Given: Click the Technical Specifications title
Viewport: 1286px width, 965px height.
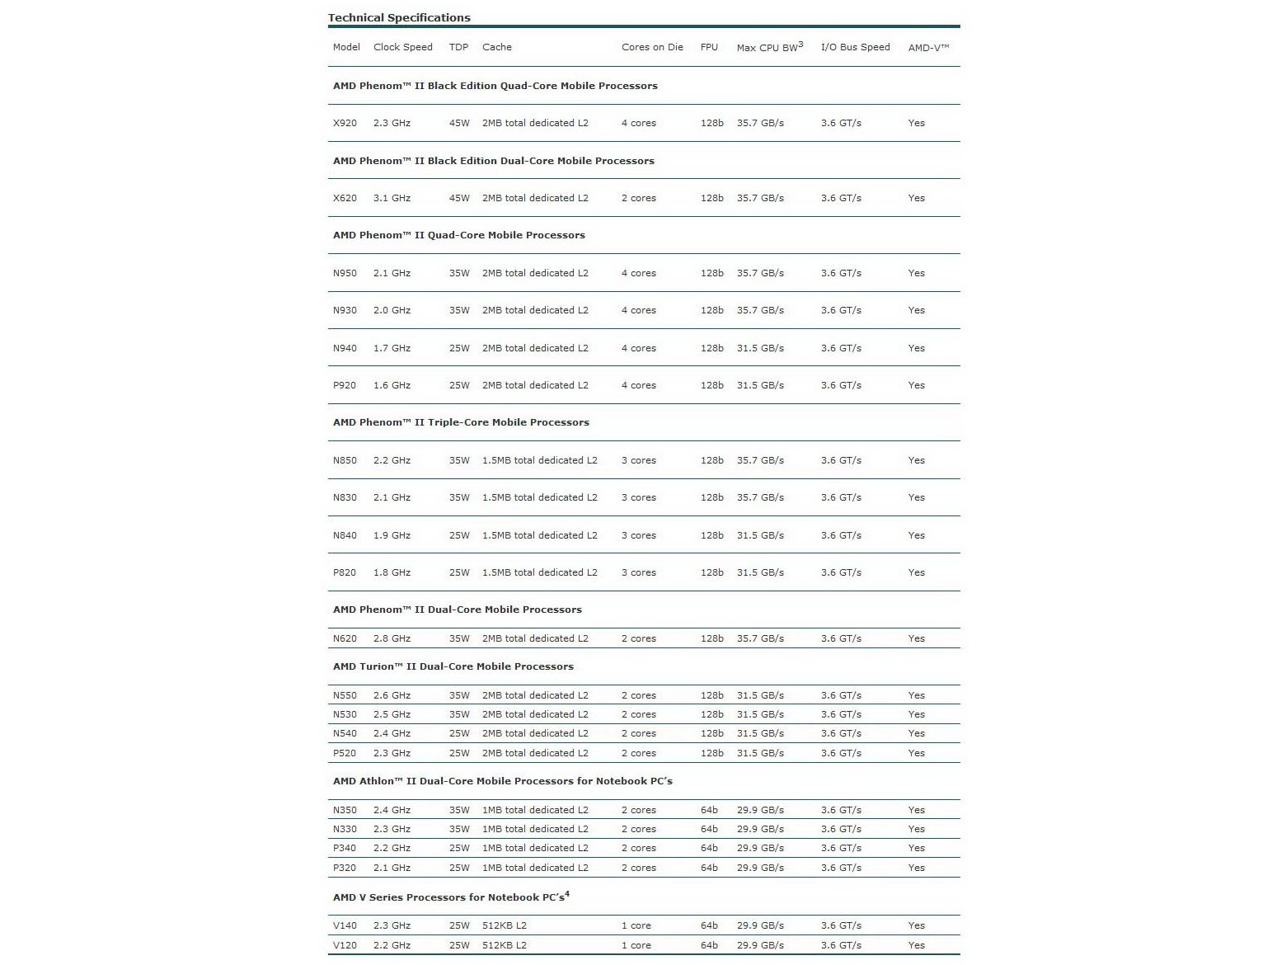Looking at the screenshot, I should coord(399,17).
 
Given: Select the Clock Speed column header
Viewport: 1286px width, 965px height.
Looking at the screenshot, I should coord(402,47).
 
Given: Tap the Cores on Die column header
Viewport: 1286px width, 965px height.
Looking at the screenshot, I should coord(652,47).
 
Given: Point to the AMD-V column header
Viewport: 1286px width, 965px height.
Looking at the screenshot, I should coord(928,48).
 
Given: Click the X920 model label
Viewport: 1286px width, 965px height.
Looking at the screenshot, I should coord(345,123).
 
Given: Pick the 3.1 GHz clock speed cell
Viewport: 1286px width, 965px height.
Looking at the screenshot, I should coord(392,198).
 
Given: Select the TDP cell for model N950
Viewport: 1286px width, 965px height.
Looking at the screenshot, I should coord(459,273).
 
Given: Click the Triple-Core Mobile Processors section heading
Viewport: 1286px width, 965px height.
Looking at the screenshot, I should coord(461,422).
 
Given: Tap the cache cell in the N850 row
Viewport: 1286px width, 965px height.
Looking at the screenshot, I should coord(539,460).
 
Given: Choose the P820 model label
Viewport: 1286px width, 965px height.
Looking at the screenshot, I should coord(345,572).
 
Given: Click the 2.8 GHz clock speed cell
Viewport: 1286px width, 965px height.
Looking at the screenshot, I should coord(392,638).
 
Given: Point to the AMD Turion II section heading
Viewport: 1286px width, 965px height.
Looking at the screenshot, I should coord(453,666).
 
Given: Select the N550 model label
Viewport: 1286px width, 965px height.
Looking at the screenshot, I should coord(345,695).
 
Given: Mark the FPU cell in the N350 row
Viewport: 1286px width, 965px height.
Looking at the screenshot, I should coord(709,810).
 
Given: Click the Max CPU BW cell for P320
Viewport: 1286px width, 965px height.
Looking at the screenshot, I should coord(760,868).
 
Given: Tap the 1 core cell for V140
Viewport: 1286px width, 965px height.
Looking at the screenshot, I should coord(636,925).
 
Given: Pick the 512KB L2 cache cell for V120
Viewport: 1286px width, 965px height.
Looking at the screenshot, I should coord(504,945).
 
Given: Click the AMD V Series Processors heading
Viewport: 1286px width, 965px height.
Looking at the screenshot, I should coord(451,897).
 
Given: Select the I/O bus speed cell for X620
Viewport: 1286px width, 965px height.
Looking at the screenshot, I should coord(841,198).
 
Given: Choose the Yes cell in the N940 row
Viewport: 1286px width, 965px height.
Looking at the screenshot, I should coord(917,348).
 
